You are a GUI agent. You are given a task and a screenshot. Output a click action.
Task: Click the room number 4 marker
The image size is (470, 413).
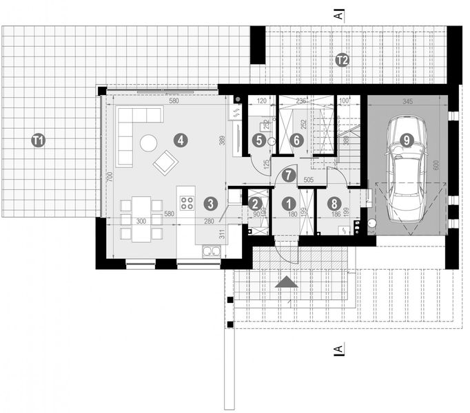tap(180, 140)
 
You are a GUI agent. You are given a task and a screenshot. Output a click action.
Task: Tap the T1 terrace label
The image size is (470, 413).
tap(39, 140)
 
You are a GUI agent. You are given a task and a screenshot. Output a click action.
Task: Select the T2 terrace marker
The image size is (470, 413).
tap(342, 61)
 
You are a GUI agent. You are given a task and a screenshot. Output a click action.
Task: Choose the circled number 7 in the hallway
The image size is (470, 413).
tap(288, 176)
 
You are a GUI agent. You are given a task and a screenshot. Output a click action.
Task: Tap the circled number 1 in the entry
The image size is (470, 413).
tap(288, 204)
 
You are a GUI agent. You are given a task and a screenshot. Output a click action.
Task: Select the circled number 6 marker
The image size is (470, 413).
tap(297, 140)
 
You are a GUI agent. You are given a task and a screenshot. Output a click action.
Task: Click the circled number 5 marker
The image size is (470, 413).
tap(259, 140)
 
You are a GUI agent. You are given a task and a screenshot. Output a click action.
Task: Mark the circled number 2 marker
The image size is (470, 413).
tap(255, 204)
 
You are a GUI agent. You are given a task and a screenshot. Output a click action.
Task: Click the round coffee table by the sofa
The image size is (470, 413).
tap(148, 142)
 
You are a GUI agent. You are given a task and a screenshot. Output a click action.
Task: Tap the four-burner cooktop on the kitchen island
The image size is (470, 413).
tap(187, 203)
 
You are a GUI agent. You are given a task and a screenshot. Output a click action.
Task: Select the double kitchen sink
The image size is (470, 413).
tap(210, 252)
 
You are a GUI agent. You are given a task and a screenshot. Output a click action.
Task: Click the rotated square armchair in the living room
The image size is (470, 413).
tap(165, 162)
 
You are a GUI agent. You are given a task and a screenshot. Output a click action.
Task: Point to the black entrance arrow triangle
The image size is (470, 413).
tap(287, 282)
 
